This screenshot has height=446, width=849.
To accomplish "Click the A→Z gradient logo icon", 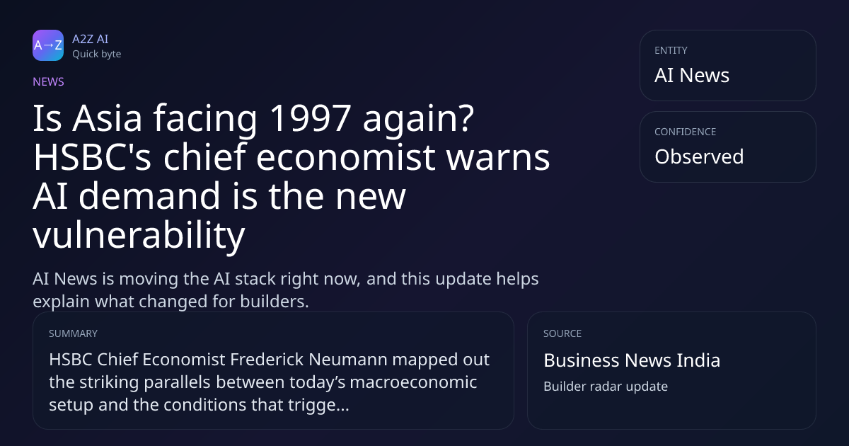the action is (48, 45).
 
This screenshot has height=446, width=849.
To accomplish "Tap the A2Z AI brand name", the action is (91, 39).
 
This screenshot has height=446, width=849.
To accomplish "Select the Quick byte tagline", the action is (97, 55).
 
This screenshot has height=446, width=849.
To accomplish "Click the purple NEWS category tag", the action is (49, 82).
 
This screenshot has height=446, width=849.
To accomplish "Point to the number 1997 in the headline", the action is (310, 118).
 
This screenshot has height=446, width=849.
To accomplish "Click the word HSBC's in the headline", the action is (93, 157).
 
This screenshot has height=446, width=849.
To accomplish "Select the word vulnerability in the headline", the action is (139, 235).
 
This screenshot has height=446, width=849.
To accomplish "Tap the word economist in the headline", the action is (345, 157).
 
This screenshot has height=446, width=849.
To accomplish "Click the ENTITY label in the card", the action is (671, 50).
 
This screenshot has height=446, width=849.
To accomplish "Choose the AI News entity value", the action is (692, 75).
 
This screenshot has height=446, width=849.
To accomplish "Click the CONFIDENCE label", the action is (686, 132).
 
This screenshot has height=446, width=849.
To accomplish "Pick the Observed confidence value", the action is (699, 156).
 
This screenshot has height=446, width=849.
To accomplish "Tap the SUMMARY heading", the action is (73, 333).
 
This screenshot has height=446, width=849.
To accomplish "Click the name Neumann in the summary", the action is (348, 360).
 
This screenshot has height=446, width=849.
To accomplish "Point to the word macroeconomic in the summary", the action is (413, 382).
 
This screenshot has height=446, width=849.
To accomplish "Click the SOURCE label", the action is (562, 333).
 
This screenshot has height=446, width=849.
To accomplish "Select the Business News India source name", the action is (632, 360).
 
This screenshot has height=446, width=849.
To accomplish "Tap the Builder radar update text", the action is (606, 387).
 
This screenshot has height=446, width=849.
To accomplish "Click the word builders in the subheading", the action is (275, 302).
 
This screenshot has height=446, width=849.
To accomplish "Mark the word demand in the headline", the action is (149, 196).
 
